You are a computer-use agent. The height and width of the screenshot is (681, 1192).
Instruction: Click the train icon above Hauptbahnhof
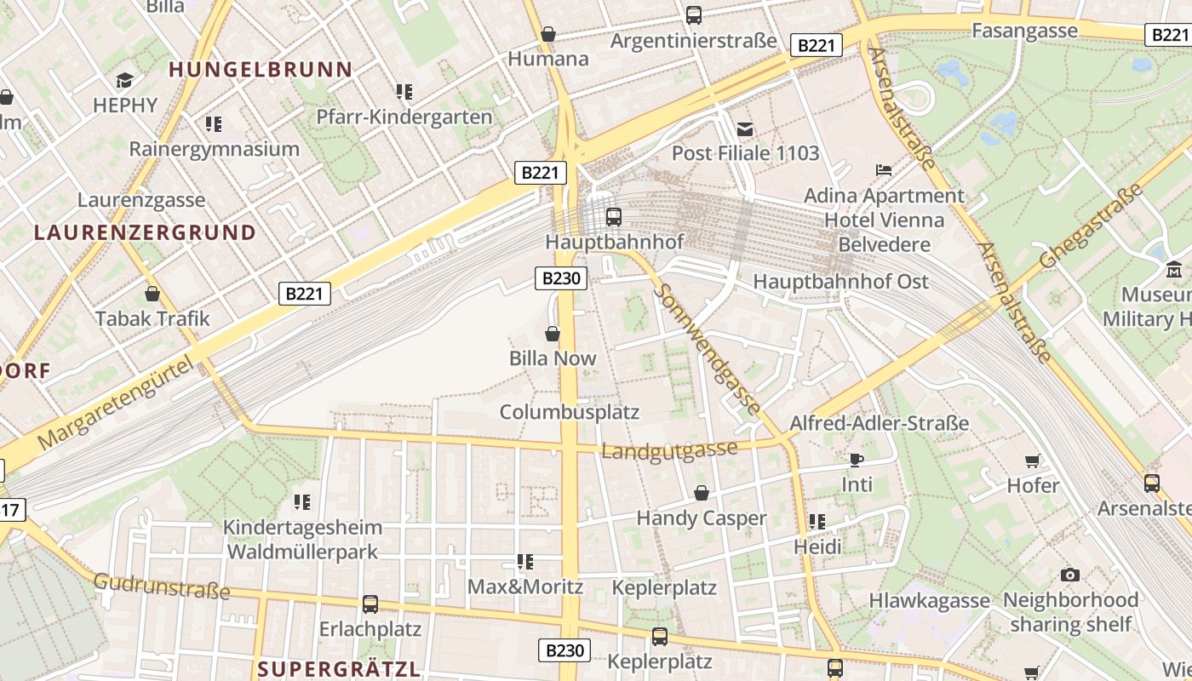coord(613,216)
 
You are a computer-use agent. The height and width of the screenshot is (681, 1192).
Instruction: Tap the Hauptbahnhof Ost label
coord(840,282)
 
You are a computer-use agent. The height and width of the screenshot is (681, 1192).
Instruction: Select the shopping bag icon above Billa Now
coord(553,333)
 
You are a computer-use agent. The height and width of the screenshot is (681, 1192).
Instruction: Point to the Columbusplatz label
coord(569,413)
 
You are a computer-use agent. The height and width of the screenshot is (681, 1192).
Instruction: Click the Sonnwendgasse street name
coord(708,349)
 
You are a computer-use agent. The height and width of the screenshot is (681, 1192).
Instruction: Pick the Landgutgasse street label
coord(669,449)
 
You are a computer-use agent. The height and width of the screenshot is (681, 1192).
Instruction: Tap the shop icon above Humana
coord(548,34)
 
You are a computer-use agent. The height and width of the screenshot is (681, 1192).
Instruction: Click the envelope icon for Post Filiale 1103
coord(745,129)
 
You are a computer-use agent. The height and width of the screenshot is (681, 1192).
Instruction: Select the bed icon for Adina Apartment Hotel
coord(884,170)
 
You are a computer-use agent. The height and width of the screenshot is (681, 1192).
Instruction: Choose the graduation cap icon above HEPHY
coord(125,80)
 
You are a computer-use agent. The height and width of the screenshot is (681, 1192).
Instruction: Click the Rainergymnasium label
coord(214,149)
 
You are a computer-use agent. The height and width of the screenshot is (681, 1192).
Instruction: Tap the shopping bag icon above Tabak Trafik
coord(152,294)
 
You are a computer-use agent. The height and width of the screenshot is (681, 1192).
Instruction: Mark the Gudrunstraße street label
coord(161,586)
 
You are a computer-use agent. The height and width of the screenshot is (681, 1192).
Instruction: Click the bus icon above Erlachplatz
coord(370,604)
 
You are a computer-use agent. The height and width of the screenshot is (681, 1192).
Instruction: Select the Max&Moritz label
coord(525,587)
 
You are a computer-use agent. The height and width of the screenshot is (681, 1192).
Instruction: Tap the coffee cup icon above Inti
coord(857,460)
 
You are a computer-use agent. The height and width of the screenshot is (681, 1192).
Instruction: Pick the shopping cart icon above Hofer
coord(1033,461)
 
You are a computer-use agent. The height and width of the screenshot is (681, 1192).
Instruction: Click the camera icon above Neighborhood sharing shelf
coord(1070,575)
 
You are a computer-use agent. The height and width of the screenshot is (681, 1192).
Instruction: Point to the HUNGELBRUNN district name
coord(261,70)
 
